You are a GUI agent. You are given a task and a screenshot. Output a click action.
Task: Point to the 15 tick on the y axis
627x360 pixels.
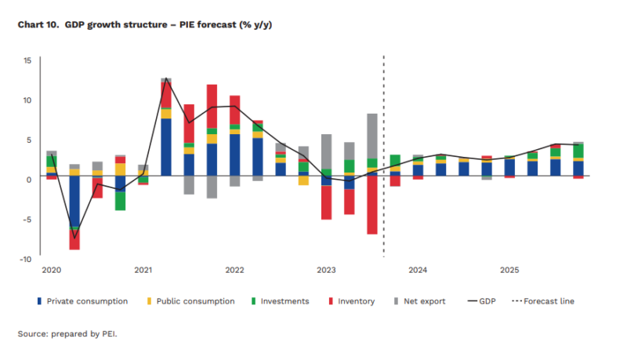pyautogui.click(x=27, y=60)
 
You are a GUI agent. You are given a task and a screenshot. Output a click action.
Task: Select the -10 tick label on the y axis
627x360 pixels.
pyautogui.click(x=25, y=259)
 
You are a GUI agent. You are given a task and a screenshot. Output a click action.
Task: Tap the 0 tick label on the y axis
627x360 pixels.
pyautogui.click(x=28, y=180)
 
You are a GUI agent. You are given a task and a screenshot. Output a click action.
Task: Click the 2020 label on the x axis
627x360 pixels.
pyautogui.click(x=51, y=271)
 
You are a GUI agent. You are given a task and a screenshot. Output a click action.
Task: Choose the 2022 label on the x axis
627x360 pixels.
pyautogui.click(x=234, y=271)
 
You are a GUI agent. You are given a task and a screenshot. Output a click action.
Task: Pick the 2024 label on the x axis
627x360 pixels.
pyautogui.click(x=418, y=271)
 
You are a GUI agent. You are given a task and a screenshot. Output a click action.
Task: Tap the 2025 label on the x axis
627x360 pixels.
pyautogui.click(x=509, y=271)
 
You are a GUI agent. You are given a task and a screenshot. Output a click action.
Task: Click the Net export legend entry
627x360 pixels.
pyautogui.click(x=424, y=301)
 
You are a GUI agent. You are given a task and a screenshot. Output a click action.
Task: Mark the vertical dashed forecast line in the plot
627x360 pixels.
pyautogui.click(x=383, y=157)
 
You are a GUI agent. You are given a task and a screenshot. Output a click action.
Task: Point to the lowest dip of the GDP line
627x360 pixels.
pyautogui.click(x=74, y=238)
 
